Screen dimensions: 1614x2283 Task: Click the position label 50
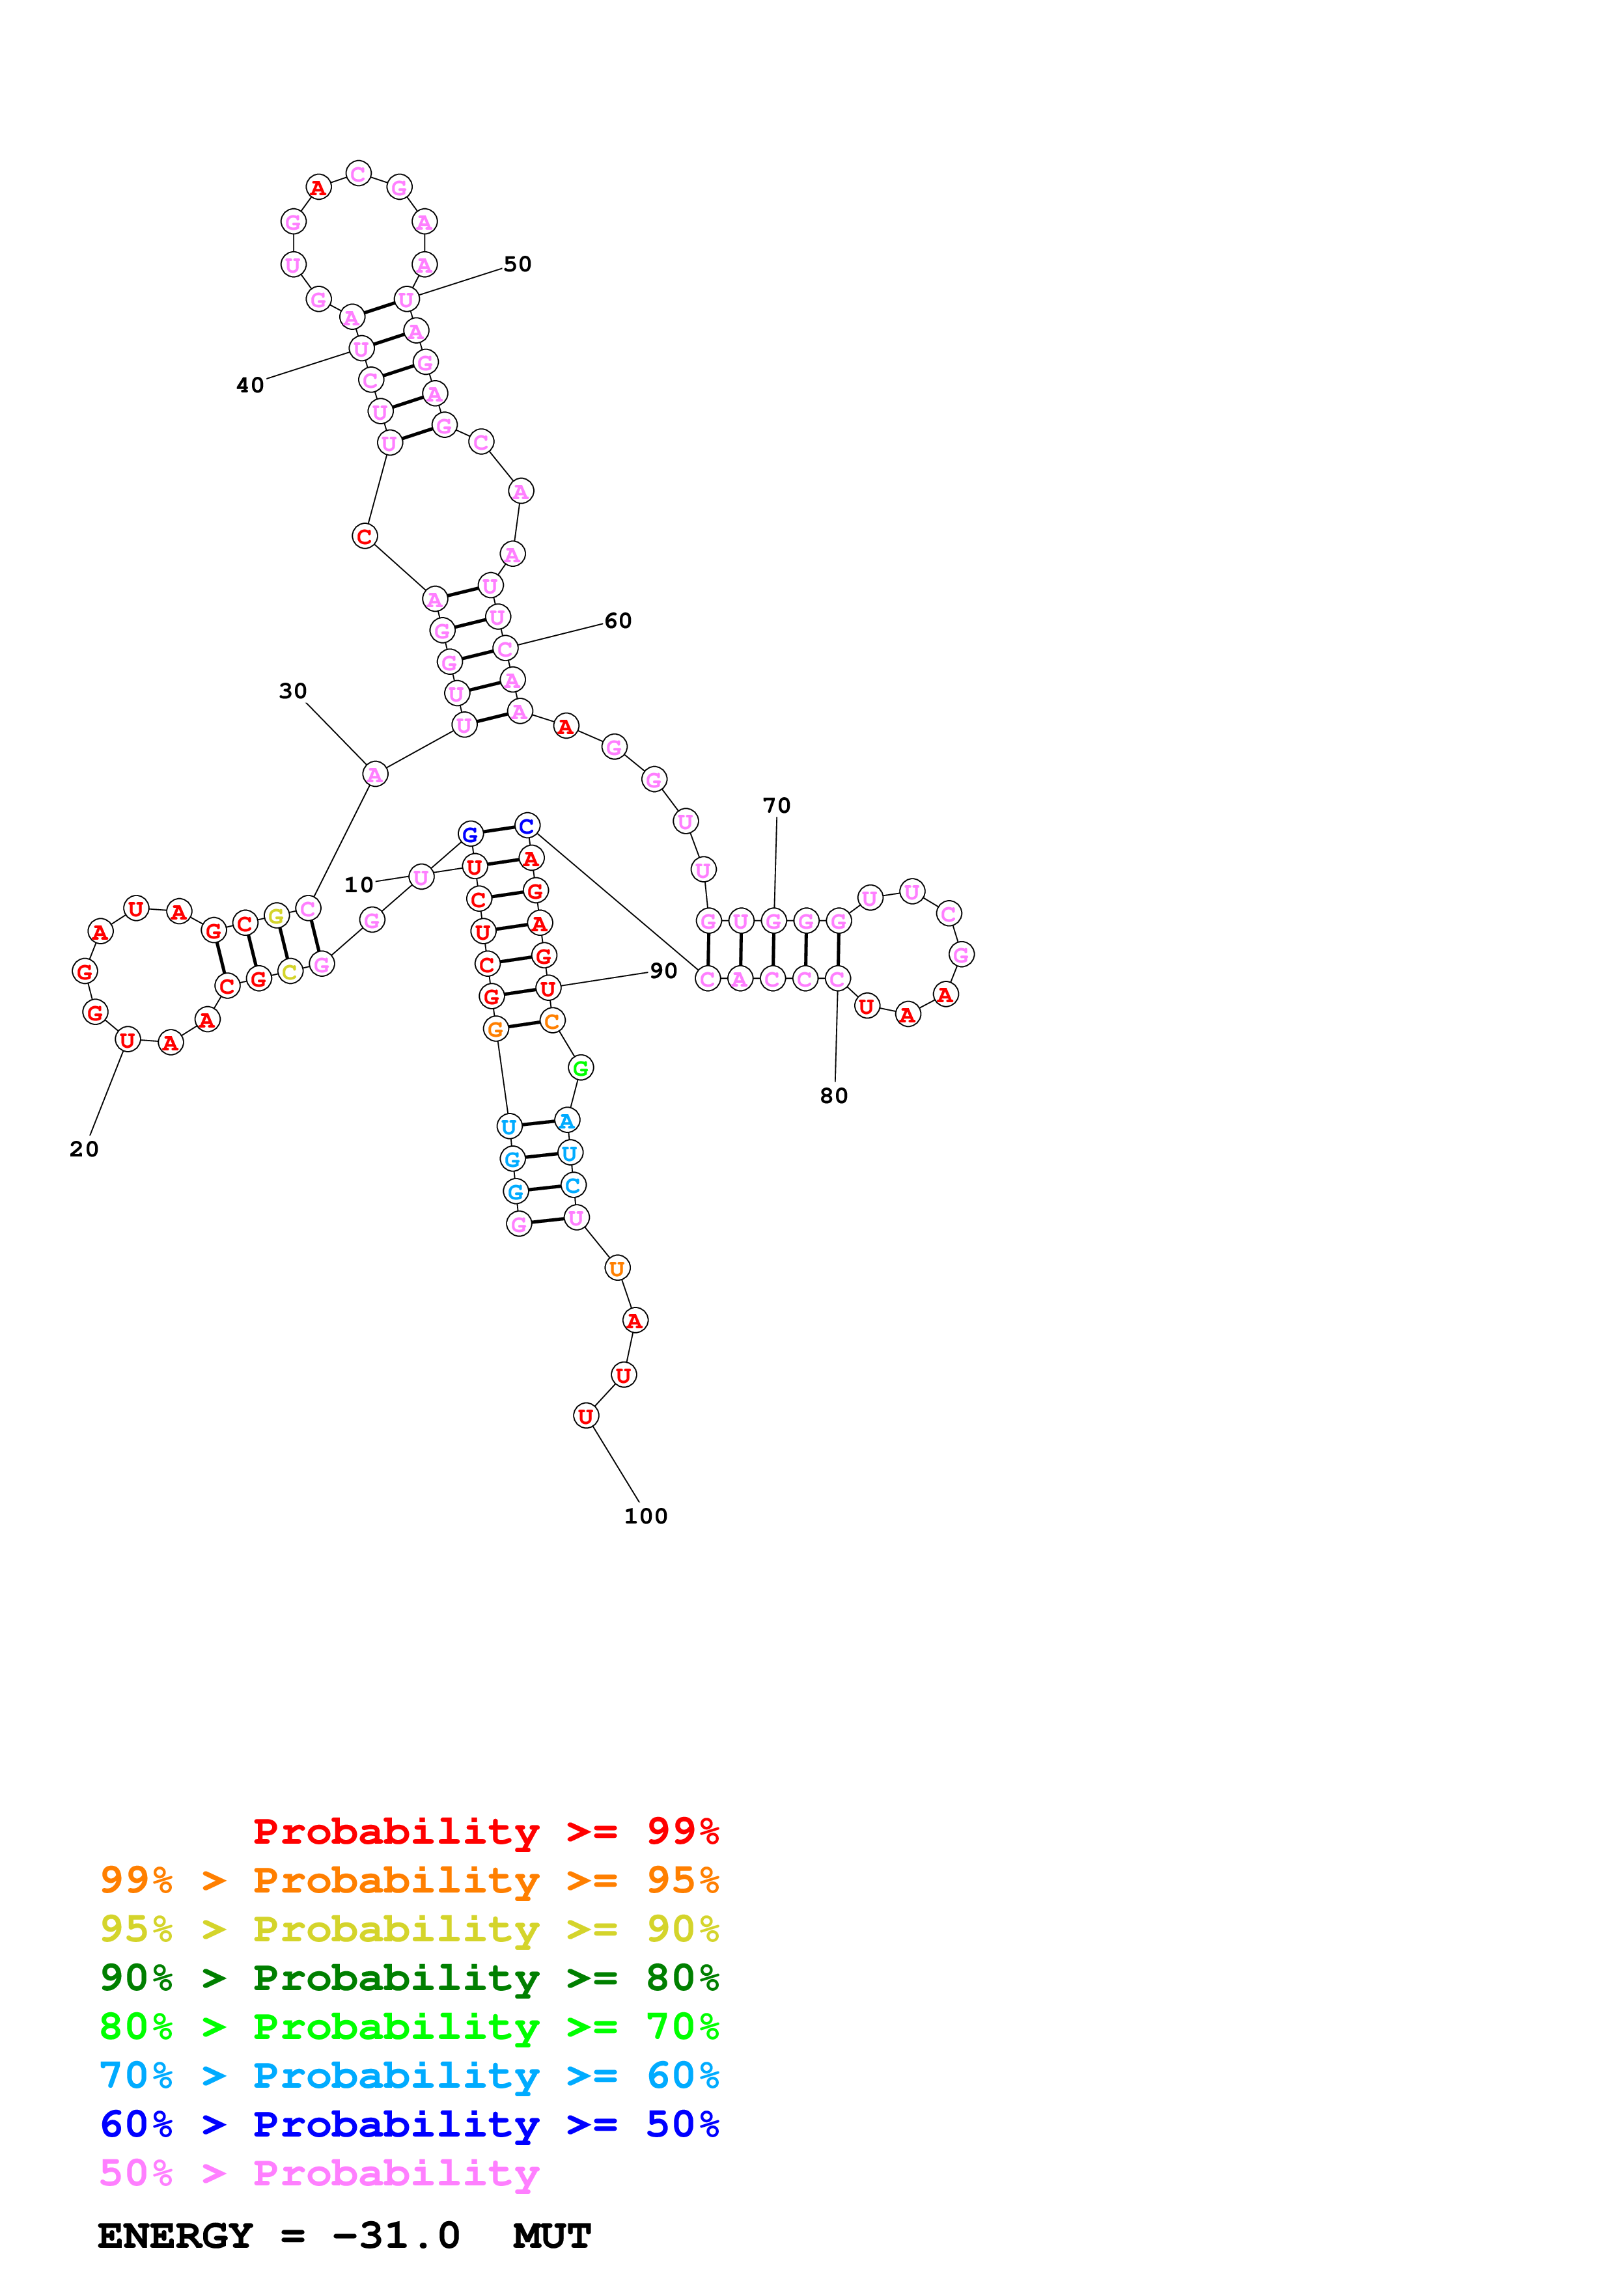(x=517, y=264)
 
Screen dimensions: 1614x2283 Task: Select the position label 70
(x=777, y=806)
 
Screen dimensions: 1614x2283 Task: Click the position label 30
(x=292, y=691)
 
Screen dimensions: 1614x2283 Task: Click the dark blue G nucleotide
(x=470, y=834)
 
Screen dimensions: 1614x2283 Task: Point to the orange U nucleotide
(x=617, y=1268)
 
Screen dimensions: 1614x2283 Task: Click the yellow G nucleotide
(x=277, y=916)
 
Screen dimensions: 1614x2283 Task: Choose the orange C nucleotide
(x=552, y=1021)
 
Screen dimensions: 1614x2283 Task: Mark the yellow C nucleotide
(x=289, y=972)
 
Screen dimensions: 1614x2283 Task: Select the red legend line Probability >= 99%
(x=485, y=1831)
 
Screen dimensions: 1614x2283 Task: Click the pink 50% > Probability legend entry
(x=319, y=2174)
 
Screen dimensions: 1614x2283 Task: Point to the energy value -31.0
(x=396, y=2236)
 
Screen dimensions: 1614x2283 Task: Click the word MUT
(x=552, y=2236)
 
